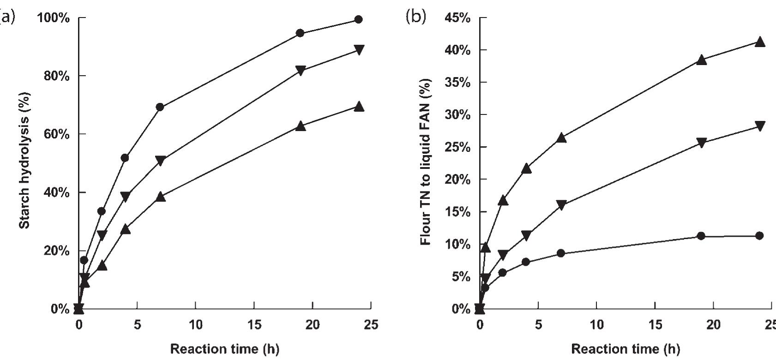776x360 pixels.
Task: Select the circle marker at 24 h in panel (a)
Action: click(359, 19)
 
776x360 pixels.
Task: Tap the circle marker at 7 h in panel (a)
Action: click(160, 107)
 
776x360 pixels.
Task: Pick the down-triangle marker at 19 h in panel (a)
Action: click(301, 71)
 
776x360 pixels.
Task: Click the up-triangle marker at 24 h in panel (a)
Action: click(359, 107)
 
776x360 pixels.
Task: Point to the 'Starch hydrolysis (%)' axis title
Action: click(25, 161)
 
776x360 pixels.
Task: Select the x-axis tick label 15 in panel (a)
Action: click(254, 325)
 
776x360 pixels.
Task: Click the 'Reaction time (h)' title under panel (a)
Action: click(225, 349)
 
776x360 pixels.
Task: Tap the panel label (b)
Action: click(415, 17)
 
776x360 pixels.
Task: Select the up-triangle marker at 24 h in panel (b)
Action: click(759, 42)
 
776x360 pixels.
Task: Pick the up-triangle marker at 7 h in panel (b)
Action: click(561, 138)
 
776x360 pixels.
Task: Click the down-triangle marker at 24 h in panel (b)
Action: click(759, 126)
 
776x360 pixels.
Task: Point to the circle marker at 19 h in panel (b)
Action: click(701, 236)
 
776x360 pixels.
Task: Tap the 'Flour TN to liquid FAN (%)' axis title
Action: click(426, 162)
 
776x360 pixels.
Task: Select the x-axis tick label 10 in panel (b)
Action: click(596, 325)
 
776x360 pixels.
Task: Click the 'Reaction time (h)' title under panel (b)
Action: click(626, 349)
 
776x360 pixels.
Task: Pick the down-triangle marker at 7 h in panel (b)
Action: click(561, 205)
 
